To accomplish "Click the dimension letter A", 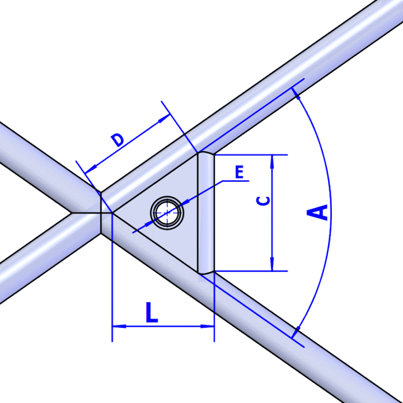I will (x=317, y=213).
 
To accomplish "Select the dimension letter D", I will (x=117, y=140).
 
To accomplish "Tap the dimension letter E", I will (x=240, y=173).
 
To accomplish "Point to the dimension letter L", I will (x=152, y=312).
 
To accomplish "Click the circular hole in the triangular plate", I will (x=166, y=213).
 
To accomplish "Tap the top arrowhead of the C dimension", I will (x=272, y=161).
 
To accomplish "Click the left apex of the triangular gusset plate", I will (x=114, y=213).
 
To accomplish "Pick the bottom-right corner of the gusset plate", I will (x=199, y=273).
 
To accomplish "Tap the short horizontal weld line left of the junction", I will (x=85, y=213).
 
